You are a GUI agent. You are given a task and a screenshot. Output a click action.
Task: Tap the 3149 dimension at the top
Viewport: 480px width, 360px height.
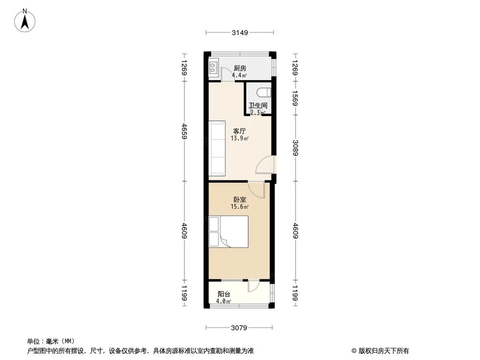(x=240, y=33)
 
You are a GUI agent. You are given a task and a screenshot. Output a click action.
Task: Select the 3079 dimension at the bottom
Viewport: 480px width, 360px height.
(x=239, y=328)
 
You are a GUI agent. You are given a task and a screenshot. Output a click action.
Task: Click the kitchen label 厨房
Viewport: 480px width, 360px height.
(x=240, y=69)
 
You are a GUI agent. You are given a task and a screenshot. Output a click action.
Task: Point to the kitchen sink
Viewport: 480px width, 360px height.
(x=214, y=68)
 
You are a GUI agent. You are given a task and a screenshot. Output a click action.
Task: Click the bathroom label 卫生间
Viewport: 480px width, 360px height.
(x=258, y=106)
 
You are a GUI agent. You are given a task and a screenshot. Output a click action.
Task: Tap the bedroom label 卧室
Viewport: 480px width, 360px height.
(x=240, y=199)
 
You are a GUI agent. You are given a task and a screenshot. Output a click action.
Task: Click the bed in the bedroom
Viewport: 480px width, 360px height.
(x=229, y=232)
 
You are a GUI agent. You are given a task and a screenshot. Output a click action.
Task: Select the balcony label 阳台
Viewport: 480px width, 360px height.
(x=223, y=294)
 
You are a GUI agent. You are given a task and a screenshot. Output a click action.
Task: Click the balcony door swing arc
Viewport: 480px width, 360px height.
(x=253, y=286)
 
